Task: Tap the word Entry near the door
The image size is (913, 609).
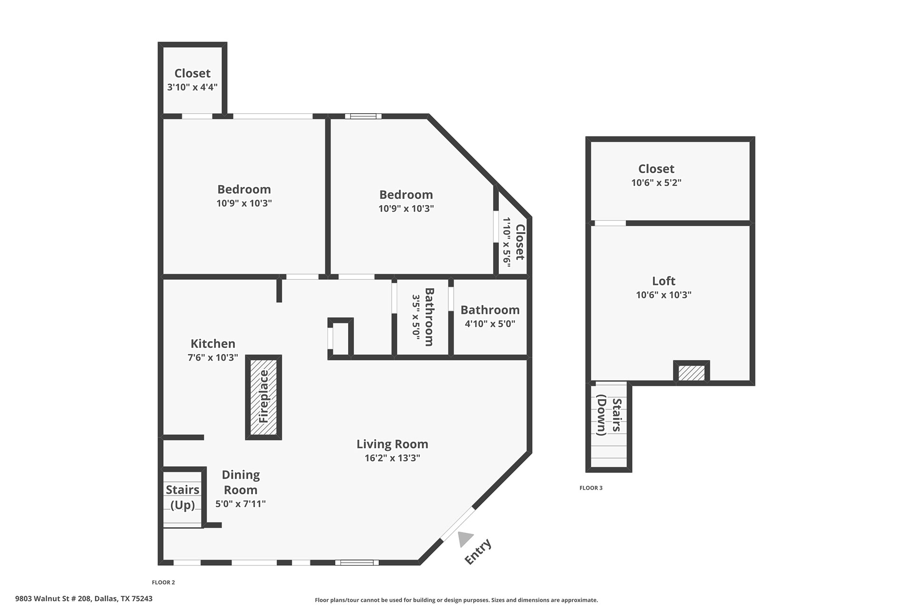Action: (478, 552)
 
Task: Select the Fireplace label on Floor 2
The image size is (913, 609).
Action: (264, 397)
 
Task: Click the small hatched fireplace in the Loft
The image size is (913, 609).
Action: (691, 373)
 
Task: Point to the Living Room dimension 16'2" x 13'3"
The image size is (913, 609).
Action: (392, 458)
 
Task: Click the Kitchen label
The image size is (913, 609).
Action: (213, 344)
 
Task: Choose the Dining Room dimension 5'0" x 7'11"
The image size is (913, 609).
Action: (241, 504)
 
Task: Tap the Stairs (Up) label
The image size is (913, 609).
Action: (183, 497)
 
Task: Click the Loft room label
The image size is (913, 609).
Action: (664, 281)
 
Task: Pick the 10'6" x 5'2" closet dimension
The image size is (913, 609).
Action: (656, 183)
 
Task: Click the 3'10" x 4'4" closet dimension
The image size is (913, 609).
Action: (192, 87)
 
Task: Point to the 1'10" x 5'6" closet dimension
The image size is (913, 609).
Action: (507, 242)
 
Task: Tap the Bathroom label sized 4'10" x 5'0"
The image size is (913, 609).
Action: (490, 310)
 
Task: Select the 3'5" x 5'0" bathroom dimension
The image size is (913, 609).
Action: (416, 316)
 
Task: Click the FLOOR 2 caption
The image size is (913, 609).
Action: (164, 582)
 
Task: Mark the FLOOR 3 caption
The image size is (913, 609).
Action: (591, 488)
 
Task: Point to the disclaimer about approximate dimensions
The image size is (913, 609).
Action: (456, 600)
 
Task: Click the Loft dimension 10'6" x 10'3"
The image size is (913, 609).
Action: (664, 295)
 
